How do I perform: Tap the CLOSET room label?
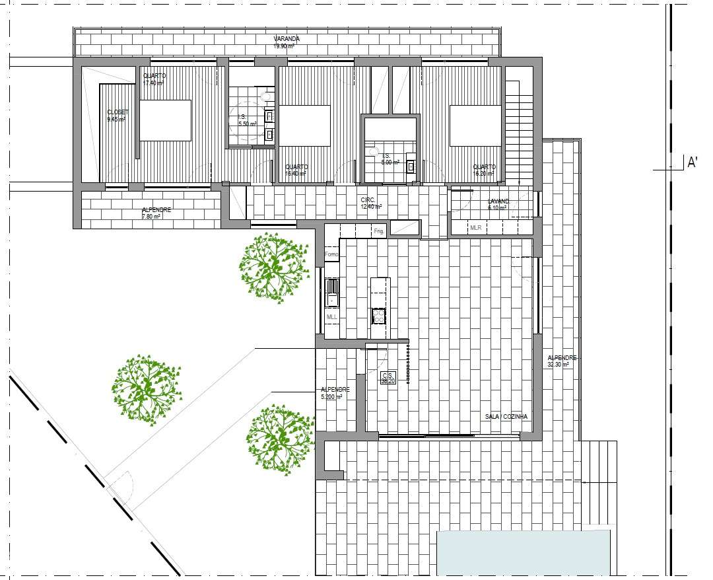(x=118, y=112)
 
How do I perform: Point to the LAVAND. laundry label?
(x=498, y=201)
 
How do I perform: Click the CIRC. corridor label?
(x=368, y=199)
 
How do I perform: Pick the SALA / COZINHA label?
(x=506, y=417)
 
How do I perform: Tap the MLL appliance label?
(x=332, y=317)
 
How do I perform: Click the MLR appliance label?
(x=475, y=228)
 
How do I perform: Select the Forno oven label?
(x=331, y=254)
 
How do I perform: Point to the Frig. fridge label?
(x=379, y=231)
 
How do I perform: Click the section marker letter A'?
(x=693, y=162)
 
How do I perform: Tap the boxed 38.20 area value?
(x=388, y=381)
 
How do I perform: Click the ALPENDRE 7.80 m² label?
(x=156, y=213)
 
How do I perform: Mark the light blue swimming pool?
(x=524, y=552)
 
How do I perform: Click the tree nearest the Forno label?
(x=273, y=267)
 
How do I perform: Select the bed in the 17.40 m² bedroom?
(x=165, y=120)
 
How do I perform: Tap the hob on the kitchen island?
(x=379, y=316)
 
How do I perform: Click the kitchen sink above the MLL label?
(x=332, y=291)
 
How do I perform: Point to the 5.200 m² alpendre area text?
(x=331, y=396)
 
